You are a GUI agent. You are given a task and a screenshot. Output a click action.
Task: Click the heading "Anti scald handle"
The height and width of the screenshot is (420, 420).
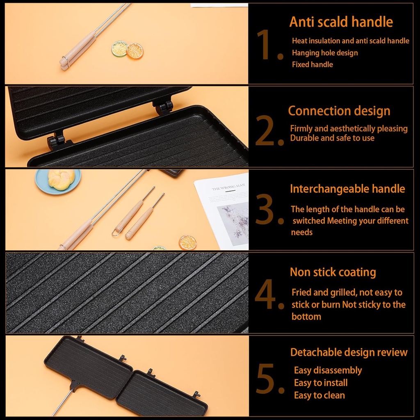341,22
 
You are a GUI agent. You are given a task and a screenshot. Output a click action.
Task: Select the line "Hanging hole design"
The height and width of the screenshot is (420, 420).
325,53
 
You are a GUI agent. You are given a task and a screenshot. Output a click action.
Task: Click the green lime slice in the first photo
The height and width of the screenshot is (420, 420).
119,49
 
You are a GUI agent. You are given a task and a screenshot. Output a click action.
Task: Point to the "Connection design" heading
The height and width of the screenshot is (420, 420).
339,111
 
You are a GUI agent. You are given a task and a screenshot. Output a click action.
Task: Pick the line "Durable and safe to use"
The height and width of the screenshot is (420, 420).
332,138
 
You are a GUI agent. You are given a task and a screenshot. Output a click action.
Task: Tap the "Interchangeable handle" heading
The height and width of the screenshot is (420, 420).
347,189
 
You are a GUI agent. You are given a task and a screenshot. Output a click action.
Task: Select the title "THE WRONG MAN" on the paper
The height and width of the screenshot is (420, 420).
228,187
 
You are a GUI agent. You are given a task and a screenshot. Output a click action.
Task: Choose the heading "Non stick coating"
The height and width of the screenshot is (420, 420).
333,272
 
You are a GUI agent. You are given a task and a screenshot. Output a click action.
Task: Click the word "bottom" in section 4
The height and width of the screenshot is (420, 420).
306,317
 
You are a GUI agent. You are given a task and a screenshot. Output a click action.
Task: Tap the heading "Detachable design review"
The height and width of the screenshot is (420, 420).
349,352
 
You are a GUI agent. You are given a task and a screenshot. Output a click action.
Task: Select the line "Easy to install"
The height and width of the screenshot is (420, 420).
321,383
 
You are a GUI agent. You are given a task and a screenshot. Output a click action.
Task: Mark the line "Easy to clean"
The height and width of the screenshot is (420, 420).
319,395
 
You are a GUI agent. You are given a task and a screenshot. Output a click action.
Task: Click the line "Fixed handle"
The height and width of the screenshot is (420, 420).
312,64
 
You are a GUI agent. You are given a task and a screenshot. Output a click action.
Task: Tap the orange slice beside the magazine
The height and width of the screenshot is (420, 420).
187,242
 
